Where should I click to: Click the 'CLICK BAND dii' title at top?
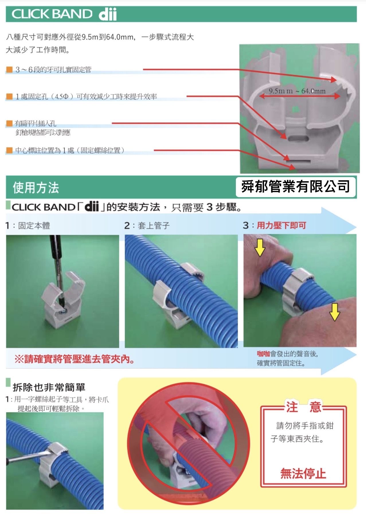click(x=64, y=14)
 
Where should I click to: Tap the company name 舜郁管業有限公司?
click(x=295, y=187)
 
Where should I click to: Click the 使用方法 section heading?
click(x=36, y=188)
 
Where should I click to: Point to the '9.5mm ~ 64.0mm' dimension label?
click(x=297, y=91)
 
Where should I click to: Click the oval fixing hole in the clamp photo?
click(x=298, y=139)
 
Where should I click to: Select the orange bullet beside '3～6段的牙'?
click(x=9, y=70)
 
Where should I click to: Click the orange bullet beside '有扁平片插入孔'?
click(x=9, y=124)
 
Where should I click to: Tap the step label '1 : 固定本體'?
click(x=28, y=226)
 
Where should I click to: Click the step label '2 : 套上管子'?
click(x=147, y=226)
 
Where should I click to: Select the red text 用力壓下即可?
click(x=281, y=226)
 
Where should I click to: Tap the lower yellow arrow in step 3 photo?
click(x=334, y=312)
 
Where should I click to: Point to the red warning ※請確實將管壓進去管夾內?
click(x=75, y=359)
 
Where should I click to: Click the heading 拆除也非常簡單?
click(x=49, y=387)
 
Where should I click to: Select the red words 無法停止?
click(x=303, y=473)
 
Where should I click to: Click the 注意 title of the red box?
click(x=304, y=407)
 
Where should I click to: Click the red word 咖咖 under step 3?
click(x=263, y=354)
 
